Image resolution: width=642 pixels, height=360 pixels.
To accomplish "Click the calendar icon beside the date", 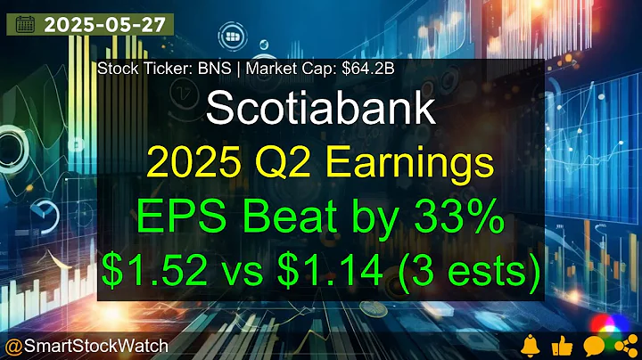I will [x=25, y=24].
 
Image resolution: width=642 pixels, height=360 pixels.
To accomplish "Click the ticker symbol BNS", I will [x=209, y=68].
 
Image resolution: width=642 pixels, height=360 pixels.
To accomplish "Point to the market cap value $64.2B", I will [x=340, y=68].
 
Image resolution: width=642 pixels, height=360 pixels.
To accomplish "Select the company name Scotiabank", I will [x=320, y=108].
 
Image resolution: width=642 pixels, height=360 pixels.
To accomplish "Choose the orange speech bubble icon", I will [x=591, y=343].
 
